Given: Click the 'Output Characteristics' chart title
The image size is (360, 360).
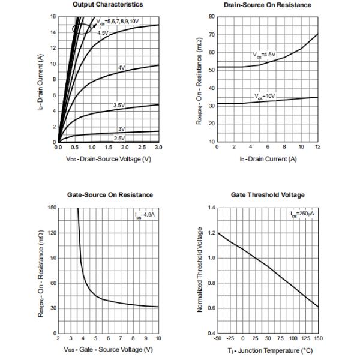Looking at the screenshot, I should click(107, 5).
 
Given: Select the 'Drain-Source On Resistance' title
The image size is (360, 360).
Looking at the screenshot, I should click(267, 5).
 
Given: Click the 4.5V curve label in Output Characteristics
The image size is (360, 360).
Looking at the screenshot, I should click(103, 33).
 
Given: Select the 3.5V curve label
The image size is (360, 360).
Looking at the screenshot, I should click(119, 106).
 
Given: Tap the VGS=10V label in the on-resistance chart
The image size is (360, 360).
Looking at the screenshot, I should click(262, 96).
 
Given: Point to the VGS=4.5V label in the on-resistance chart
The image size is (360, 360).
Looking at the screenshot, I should click(263, 55).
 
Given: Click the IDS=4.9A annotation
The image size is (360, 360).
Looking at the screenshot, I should click(146, 214).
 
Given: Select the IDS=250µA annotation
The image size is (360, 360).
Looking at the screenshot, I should click(304, 214).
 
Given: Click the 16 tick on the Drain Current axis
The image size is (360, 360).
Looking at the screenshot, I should click(52, 17).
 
